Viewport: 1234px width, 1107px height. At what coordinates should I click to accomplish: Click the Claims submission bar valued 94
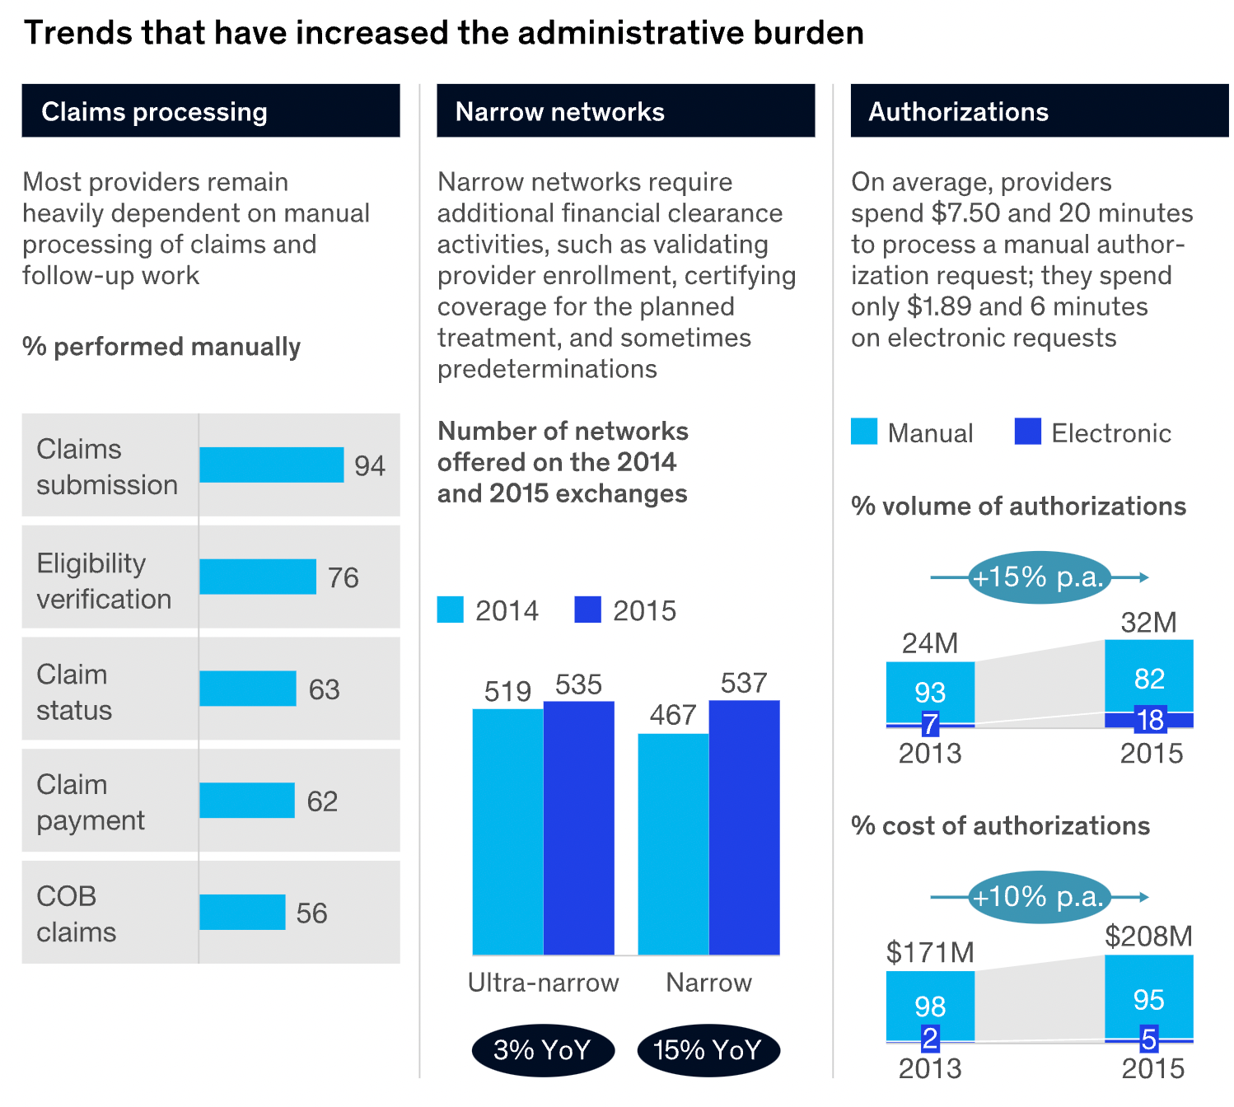tap(271, 465)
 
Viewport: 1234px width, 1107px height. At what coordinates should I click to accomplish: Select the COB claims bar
tap(242, 912)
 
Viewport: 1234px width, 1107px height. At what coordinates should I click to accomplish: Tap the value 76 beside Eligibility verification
tap(343, 577)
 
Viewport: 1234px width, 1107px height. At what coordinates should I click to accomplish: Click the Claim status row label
tap(74, 692)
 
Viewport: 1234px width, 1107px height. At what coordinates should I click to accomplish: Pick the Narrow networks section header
tap(560, 111)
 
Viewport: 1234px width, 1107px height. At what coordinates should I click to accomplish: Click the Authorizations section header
tap(958, 111)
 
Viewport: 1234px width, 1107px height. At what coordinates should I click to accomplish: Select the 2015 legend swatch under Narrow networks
tap(587, 610)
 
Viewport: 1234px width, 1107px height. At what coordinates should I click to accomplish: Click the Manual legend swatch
tap(864, 432)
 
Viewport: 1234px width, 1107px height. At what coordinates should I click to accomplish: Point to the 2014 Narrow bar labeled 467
tap(673, 843)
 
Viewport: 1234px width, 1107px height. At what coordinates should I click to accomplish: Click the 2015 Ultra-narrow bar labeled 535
tap(578, 828)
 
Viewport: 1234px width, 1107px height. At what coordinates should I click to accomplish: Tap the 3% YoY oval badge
tap(543, 1050)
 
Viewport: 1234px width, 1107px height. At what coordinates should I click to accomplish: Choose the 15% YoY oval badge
tap(708, 1050)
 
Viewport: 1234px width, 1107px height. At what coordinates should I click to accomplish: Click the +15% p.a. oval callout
tap(1038, 577)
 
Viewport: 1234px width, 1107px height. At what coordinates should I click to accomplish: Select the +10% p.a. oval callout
tap(1038, 896)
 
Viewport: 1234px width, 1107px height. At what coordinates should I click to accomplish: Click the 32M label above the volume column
tap(1148, 623)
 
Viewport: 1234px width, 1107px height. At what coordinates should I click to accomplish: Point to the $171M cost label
tap(930, 953)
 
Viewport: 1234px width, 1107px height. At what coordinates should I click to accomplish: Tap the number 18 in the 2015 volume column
tap(1150, 720)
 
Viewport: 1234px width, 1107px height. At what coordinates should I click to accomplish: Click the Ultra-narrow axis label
tap(543, 983)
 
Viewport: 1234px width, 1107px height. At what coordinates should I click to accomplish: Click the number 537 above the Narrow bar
tap(743, 683)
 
